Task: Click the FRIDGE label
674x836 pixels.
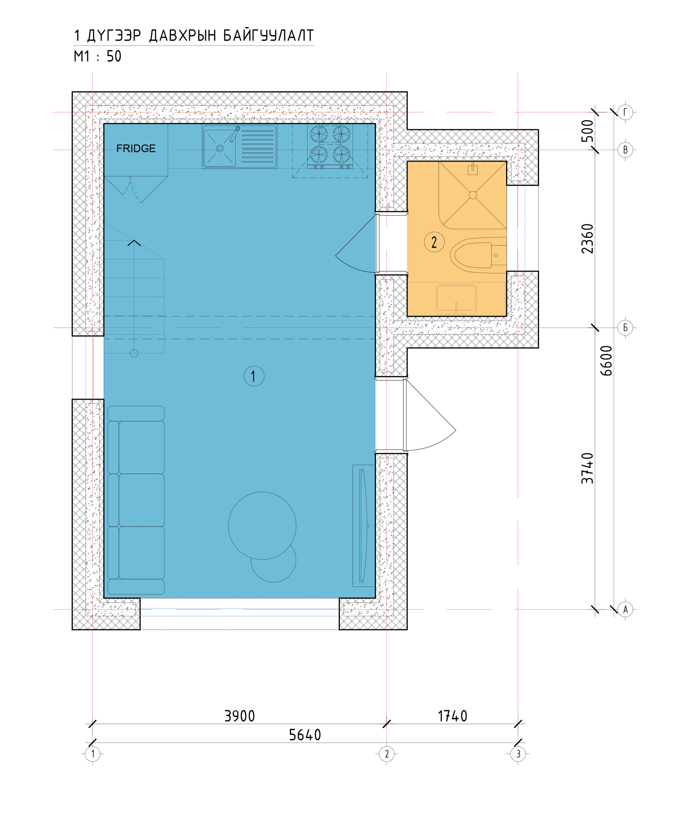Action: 136,149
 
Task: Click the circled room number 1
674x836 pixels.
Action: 254,376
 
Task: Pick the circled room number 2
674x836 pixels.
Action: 434,242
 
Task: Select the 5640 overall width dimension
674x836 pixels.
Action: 305,735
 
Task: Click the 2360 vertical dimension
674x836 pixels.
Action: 587,238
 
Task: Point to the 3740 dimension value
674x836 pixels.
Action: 587,468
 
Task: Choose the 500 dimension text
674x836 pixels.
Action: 587,131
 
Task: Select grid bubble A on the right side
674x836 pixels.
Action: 625,609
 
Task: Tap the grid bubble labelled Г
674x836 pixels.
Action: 625,113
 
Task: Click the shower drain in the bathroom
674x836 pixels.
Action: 473,195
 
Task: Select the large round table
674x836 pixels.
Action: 262,526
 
